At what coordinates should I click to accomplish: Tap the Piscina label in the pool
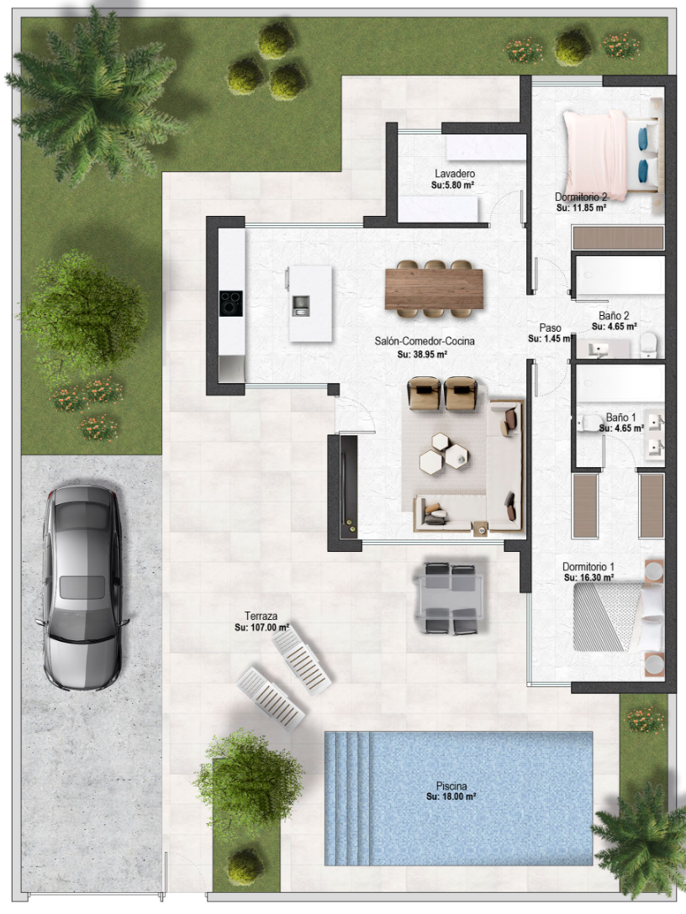451,785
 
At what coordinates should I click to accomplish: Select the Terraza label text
261,616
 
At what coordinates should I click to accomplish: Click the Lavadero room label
455,174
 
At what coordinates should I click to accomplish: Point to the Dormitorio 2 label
581,197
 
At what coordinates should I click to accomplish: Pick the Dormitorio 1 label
588,566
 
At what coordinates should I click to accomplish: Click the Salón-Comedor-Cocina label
425,341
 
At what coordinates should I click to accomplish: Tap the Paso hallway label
550,328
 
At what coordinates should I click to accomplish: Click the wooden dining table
434,289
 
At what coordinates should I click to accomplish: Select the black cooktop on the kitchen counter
231,303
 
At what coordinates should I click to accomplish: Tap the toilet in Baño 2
649,345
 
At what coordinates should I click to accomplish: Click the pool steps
348,799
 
